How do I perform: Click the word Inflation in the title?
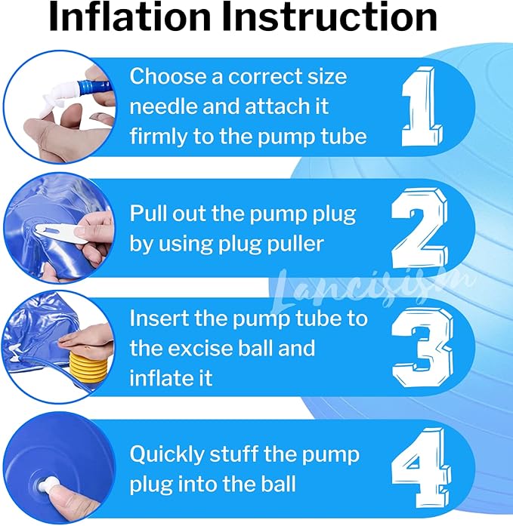coord(129,17)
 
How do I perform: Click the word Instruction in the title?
coord(329,17)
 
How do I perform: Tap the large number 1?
coord(422,106)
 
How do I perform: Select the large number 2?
coord(419,228)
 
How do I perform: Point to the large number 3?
coord(422,348)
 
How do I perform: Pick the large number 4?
coord(421,469)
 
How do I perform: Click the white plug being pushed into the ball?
coord(46,485)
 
